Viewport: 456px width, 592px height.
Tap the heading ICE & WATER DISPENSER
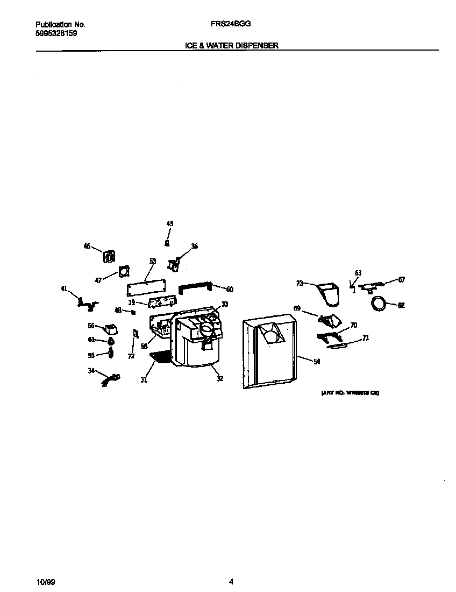point(231,46)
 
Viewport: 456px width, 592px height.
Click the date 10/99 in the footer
point(46,581)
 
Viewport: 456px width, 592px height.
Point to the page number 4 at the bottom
point(231,581)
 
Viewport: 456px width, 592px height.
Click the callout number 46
point(87,246)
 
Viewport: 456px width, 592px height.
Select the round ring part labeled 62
point(379,304)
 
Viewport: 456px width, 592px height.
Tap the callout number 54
point(317,362)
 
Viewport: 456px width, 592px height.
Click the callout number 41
point(65,289)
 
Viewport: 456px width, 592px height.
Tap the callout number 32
point(219,378)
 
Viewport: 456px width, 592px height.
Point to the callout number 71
point(365,338)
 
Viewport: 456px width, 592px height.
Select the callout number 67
point(401,279)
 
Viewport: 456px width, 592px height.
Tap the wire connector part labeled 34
point(111,380)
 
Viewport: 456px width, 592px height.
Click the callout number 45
point(169,223)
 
